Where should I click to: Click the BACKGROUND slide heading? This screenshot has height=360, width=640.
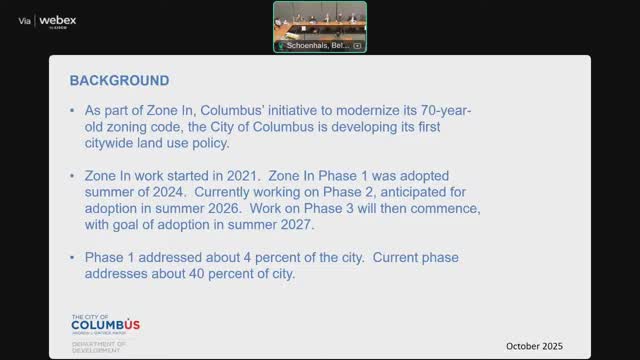pyautogui.click(x=119, y=80)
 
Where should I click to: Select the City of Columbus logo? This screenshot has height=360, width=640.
pyautogui.click(x=105, y=324)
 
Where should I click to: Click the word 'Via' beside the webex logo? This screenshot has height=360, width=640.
pyautogui.click(x=25, y=21)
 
